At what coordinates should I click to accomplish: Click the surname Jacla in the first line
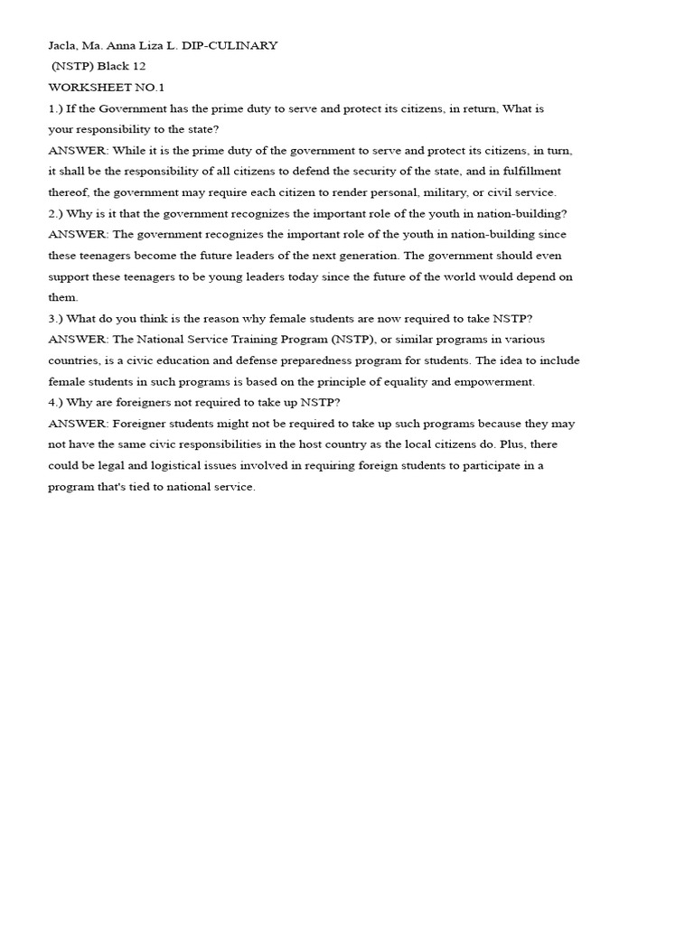(x=62, y=45)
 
